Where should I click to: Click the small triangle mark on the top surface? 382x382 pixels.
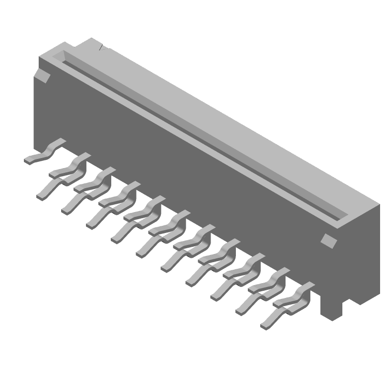click(102, 48)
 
